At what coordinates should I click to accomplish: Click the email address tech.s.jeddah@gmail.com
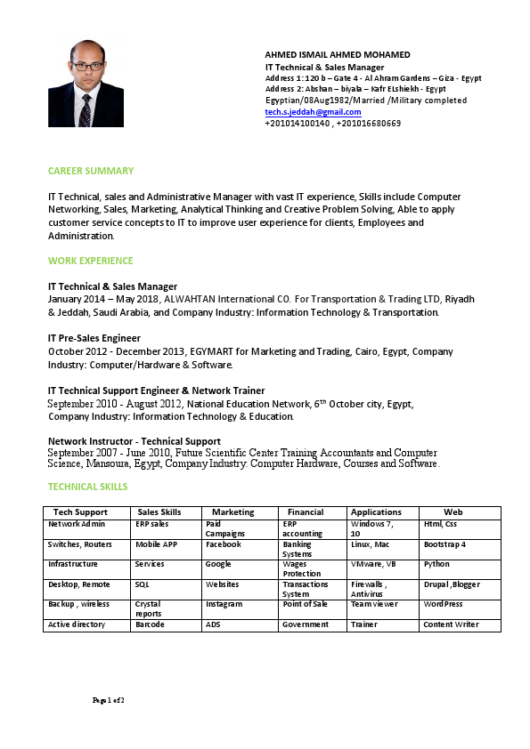[313, 112]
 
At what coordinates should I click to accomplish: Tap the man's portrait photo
[86, 83]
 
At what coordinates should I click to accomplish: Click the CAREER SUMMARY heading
[91, 170]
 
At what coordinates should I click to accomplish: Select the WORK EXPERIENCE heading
[91, 261]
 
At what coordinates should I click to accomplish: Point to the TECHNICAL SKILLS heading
[87, 487]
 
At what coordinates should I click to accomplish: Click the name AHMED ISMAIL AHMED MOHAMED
[338, 55]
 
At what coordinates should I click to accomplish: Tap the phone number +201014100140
[297, 124]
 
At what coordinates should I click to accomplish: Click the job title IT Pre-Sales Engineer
[94, 338]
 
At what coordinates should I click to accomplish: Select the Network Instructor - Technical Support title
[135, 441]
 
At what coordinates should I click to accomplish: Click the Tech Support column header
[80, 512]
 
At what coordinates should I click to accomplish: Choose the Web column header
[453, 512]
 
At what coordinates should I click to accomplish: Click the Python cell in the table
[437, 564]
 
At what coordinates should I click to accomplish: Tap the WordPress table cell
[444, 603]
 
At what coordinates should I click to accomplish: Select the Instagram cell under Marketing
[224, 603]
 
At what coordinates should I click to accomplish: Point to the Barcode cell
[150, 624]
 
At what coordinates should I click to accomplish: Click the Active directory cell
[77, 624]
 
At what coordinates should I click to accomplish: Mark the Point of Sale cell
[306, 603]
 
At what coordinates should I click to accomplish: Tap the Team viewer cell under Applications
[374, 603]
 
